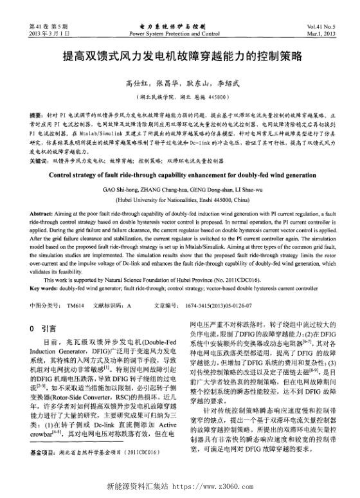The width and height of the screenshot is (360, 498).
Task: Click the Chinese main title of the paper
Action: point(181,56)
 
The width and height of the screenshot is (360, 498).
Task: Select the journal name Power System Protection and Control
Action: point(179,31)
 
